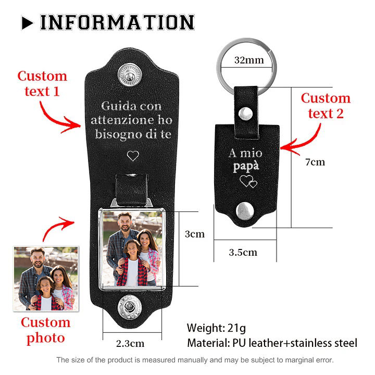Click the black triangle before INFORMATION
(27, 23)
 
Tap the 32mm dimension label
(249, 60)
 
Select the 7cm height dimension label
(315, 162)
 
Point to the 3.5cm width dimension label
(243, 252)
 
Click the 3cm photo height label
(195, 234)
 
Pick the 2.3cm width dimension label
(130, 343)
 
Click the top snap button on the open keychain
(130, 74)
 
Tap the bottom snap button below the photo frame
(129, 307)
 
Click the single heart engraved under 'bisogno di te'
(133, 156)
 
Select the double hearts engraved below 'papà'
(248, 182)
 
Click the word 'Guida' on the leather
(116, 106)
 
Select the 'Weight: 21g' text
(216, 328)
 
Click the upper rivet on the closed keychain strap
(245, 114)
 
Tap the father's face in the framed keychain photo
(125, 222)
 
